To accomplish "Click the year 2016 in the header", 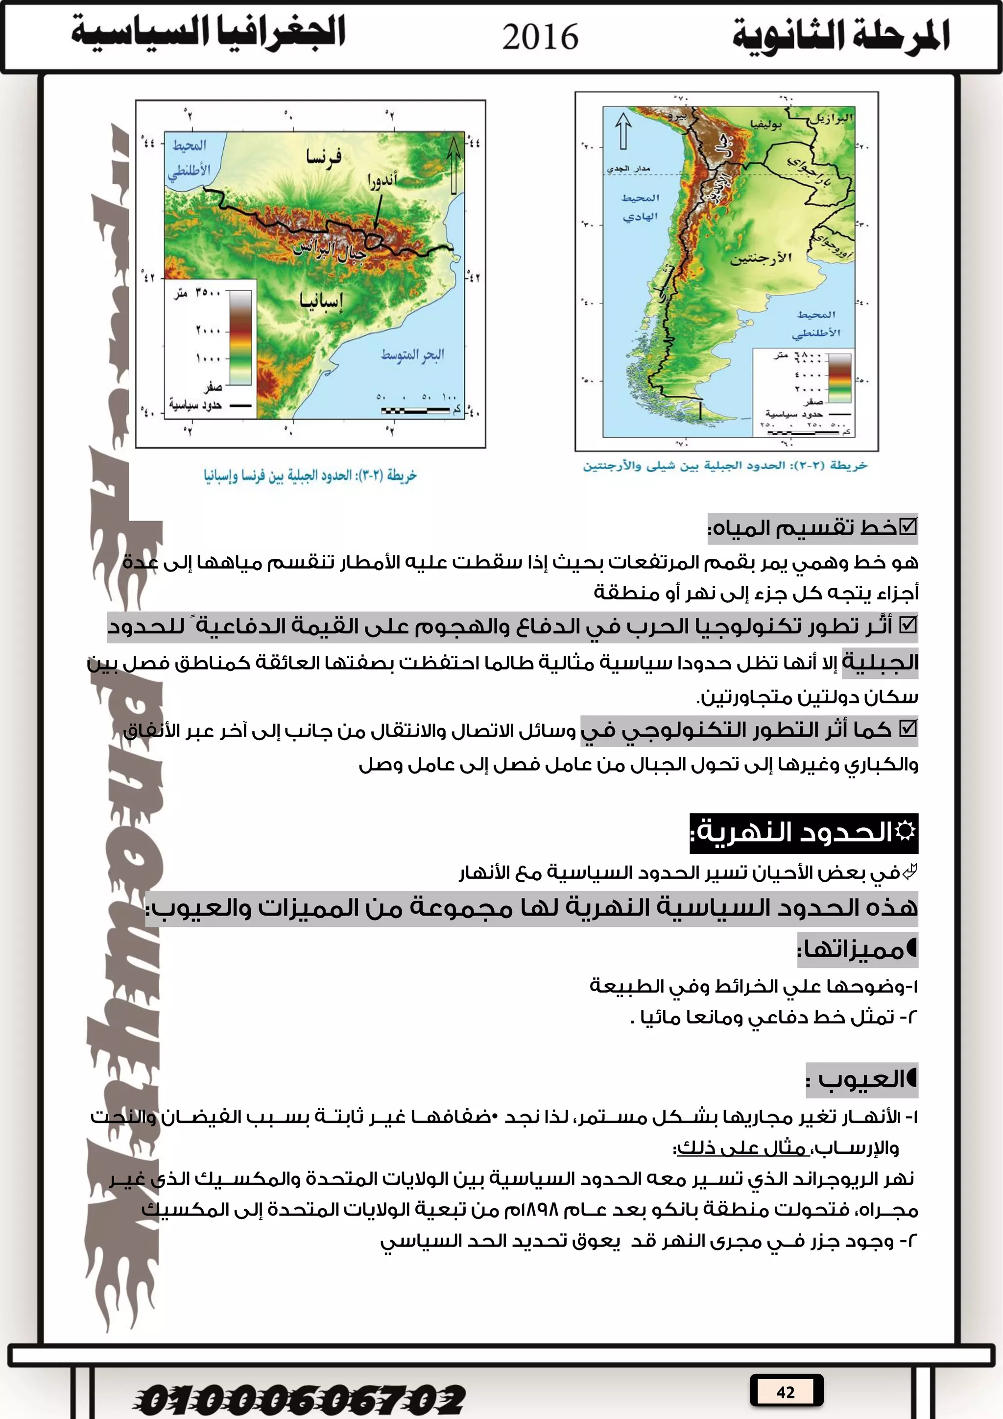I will (x=540, y=37).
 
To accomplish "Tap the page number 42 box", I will (x=786, y=1392).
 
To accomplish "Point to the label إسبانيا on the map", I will (x=321, y=301).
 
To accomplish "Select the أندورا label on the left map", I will (x=382, y=180).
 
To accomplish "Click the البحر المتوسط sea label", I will (x=412, y=355).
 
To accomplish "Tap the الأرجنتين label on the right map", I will (x=761, y=258).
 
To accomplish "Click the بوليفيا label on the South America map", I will (x=766, y=124).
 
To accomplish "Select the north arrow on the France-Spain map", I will (x=454, y=164).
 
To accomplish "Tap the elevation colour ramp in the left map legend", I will (x=241, y=337).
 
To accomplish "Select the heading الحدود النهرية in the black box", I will (x=803, y=832).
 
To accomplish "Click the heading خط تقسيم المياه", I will (x=812, y=528).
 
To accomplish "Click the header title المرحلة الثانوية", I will (x=841, y=36).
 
